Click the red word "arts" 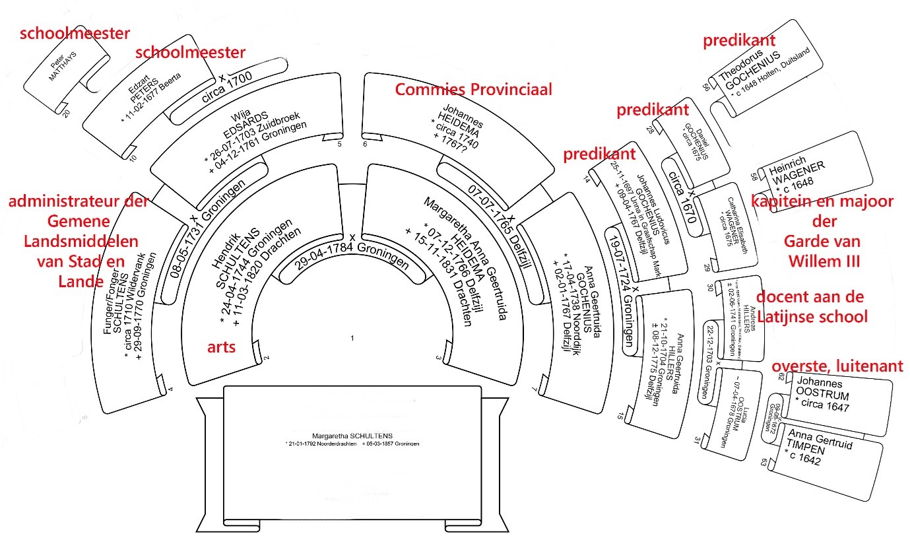(222, 347)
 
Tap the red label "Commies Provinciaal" (473, 90)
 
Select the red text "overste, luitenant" (837, 367)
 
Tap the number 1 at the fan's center (352, 338)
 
